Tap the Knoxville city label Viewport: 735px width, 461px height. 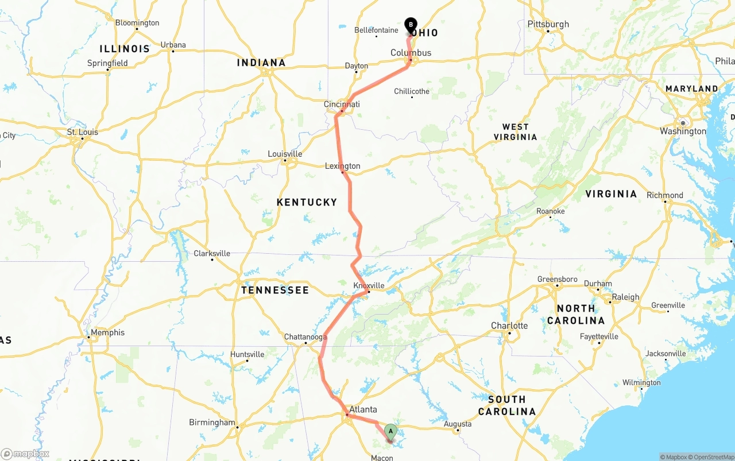(369, 285)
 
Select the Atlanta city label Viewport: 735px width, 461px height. (363, 409)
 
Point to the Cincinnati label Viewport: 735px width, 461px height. (342, 104)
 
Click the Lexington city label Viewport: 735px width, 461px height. (343, 166)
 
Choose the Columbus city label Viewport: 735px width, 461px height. (411, 53)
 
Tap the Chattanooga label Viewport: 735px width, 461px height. (305, 337)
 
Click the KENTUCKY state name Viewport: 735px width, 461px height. (307, 202)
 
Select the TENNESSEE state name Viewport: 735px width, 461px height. (275, 290)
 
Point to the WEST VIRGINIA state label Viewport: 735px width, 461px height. (515, 132)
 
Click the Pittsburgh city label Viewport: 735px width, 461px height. (548, 24)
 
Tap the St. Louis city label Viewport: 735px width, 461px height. (83, 132)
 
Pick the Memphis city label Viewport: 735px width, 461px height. (107, 332)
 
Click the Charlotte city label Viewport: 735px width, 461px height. (509, 326)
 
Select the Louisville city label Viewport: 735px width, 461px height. (285, 154)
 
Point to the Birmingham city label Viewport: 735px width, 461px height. (212, 423)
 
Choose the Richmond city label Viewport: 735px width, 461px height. (664, 195)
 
